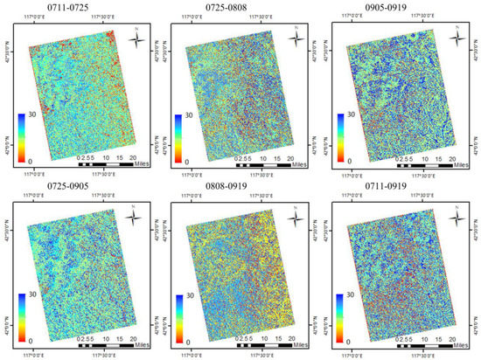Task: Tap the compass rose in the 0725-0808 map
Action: [x=299, y=36]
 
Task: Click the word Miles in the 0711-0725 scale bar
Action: [x=143, y=163]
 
